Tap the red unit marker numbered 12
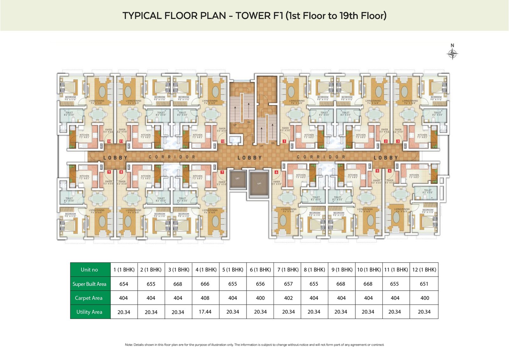pyautogui.click(x=223, y=141)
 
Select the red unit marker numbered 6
pyautogui.click(x=276, y=172)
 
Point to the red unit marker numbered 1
pyautogui.click(x=284, y=141)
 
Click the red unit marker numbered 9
pyautogui.click(x=109, y=172)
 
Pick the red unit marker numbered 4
pyautogui.click(x=389, y=171)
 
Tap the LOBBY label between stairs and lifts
pyautogui.click(x=249, y=158)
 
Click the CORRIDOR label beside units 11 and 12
pyautogui.click(x=172, y=157)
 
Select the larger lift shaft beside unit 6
pyautogui.click(x=259, y=184)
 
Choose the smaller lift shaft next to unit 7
pyautogui.click(x=237, y=179)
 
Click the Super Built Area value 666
pyautogui.click(x=205, y=284)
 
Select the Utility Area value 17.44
pyautogui.click(x=205, y=312)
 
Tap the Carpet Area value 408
pyautogui.click(x=205, y=298)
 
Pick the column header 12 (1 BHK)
pyautogui.click(x=424, y=270)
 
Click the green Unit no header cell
pyautogui.click(x=89, y=270)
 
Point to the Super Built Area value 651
pyautogui.click(x=424, y=284)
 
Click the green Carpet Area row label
pyautogui.click(x=89, y=298)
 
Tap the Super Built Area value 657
pyautogui.click(x=288, y=284)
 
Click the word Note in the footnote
pyautogui.click(x=129, y=345)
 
